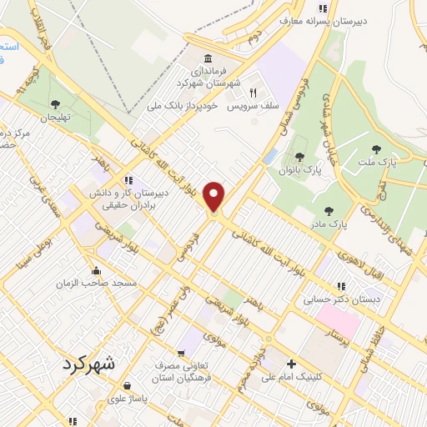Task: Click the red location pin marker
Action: pos(215,197)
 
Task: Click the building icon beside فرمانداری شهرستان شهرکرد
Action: pos(207,59)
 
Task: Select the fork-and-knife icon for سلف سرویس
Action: pos(253,93)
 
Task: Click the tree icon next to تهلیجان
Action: pos(56,104)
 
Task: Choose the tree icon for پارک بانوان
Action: pos(299,156)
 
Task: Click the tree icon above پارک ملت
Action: pos(375,150)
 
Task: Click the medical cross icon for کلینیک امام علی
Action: pos(290,364)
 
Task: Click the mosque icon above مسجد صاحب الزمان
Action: pos(98,271)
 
